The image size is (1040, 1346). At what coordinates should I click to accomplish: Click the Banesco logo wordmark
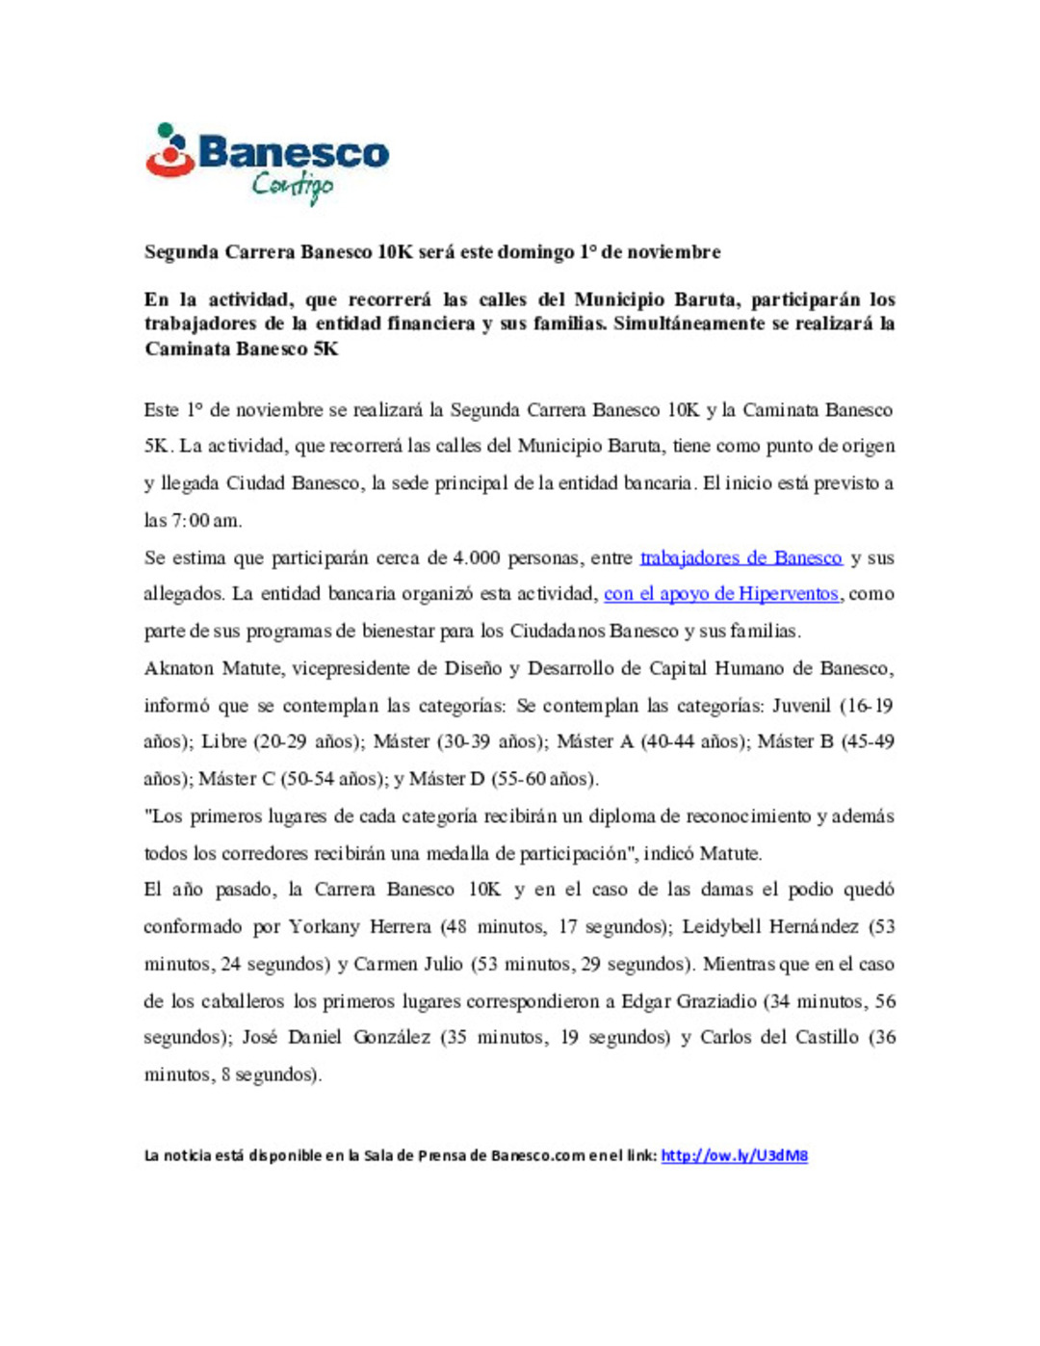(294, 153)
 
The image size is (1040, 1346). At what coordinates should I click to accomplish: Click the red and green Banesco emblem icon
(170, 151)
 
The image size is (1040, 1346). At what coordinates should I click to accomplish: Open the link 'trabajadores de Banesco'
(741, 557)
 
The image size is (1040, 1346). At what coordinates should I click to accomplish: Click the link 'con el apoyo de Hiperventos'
(721, 594)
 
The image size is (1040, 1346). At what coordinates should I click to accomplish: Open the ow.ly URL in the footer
(734, 1155)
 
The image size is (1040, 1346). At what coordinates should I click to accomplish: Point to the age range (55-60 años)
(544, 779)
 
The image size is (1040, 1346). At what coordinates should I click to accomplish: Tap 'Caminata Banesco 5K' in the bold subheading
(242, 349)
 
